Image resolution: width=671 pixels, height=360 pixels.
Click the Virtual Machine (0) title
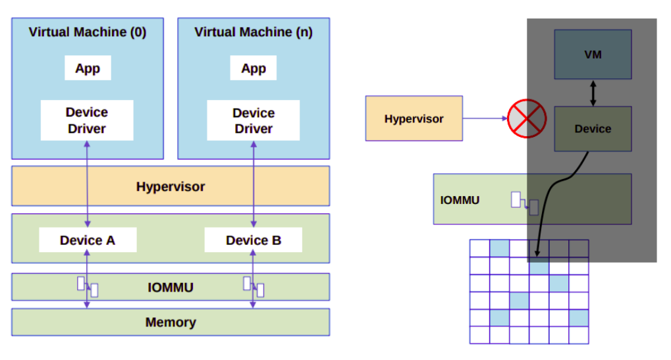(x=87, y=32)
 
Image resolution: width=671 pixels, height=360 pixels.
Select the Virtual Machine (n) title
(x=254, y=32)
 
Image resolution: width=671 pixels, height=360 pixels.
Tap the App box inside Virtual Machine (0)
(x=88, y=68)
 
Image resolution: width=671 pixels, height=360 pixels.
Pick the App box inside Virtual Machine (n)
(x=254, y=68)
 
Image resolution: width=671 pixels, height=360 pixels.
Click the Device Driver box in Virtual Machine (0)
(x=87, y=120)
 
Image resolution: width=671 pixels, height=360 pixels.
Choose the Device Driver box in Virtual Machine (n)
(x=254, y=120)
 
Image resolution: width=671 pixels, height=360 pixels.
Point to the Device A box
(x=88, y=240)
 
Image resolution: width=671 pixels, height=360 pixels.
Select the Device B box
(x=254, y=240)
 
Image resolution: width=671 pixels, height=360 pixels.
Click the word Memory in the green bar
(x=171, y=322)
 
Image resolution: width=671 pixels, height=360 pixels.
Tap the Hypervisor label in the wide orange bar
(x=171, y=186)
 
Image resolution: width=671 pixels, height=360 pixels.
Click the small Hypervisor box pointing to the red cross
(x=414, y=118)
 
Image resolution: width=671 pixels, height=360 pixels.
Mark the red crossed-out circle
(x=527, y=119)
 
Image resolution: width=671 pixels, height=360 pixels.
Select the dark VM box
(x=593, y=55)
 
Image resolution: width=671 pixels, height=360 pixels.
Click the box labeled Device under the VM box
(x=593, y=129)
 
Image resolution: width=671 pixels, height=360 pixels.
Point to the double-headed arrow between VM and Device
(x=593, y=93)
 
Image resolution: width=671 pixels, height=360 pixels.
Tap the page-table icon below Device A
(x=88, y=286)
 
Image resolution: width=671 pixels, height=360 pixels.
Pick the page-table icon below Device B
(x=254, y=286)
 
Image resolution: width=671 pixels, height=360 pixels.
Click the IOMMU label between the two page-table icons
(x=171, y=287)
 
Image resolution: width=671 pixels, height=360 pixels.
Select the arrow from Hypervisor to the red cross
(x=485, y=118)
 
